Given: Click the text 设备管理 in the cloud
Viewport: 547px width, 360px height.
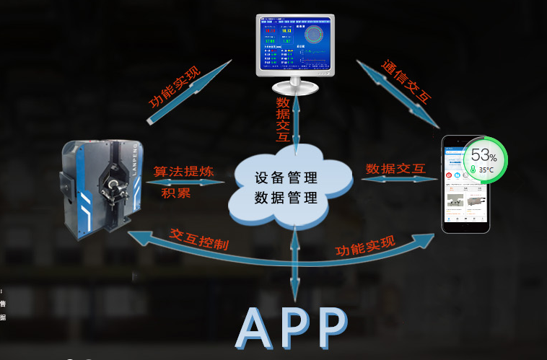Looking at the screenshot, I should [x=286, y=177].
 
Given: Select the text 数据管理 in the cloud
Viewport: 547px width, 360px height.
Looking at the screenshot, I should [x=286, y=197].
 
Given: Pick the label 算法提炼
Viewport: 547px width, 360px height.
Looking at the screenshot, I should [x=184, y=172].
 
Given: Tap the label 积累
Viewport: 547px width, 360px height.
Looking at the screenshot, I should [x=176, y=193].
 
